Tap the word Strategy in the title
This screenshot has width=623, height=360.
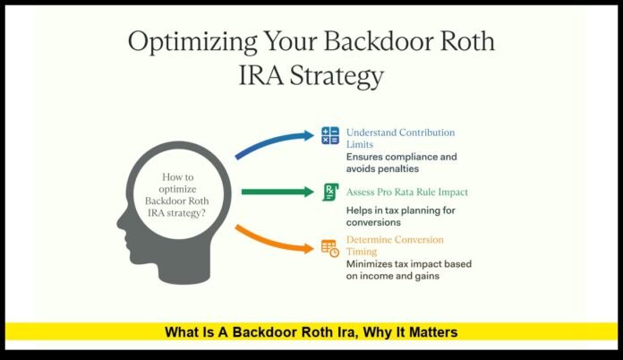(337, 78)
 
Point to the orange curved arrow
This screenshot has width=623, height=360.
(274, 241)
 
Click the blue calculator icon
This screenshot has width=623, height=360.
(330, 136)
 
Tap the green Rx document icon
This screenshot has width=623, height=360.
(330, 191)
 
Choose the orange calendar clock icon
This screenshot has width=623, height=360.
(330, 248)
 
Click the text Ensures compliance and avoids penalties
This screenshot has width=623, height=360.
(402, 163)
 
